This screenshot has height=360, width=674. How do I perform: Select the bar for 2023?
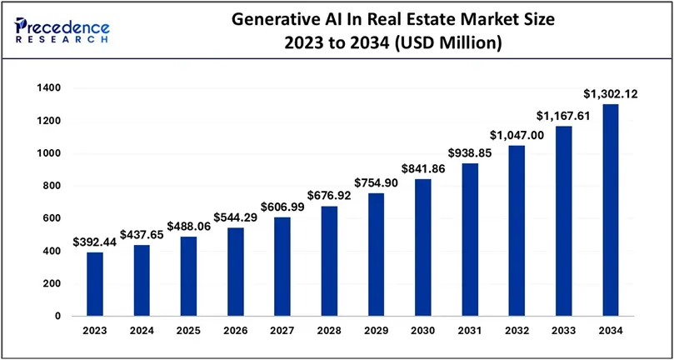coord(95,284)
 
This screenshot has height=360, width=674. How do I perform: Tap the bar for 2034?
coord(612,210)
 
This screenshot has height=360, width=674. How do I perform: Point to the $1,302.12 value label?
coord(610,94)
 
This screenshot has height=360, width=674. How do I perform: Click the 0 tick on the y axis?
coord(57,317)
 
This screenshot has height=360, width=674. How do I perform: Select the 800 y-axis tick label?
coord(52,186)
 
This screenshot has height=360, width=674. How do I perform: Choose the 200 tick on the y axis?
coord(52,284)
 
